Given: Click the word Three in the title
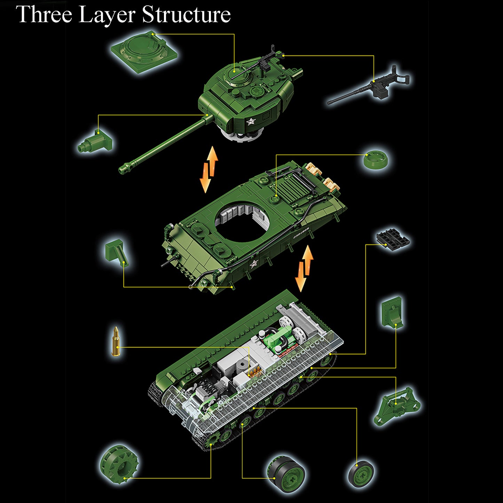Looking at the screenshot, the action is pyautogui.click(x=44, y=14).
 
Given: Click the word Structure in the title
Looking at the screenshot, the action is pyautogui.click(x=186, y=14).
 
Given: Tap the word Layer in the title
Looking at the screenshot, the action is pyautogui.click(x=107, y=16).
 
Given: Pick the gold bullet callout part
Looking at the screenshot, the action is pyautogui.click(x=115, y=341).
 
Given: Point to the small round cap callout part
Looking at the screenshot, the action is pyautogui.click(x=375, y=159).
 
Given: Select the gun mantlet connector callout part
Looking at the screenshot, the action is pyautogui.click(x=95, y=142).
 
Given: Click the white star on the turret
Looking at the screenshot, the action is pyautogui.click(x=251, y=121).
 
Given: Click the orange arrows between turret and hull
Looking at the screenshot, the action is pyautogui.click(x=209, y=169).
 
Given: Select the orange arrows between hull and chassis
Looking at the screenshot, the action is pyautogui.click(x=304, y=268).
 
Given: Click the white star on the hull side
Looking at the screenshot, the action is pyautogui.click(x=253, y=265).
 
